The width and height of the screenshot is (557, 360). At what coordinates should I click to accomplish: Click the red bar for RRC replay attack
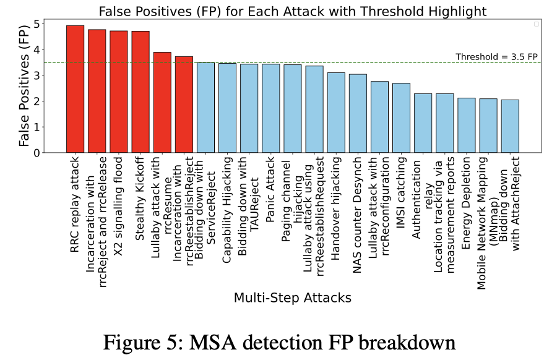click(75, 89)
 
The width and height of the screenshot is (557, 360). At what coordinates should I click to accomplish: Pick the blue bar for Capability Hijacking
click(227, 108)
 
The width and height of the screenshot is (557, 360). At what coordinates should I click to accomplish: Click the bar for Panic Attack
click(270, 108)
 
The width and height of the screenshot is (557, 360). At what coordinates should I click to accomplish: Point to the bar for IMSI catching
click(401, 118)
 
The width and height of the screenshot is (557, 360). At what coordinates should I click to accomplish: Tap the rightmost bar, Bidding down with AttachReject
click(509, 126)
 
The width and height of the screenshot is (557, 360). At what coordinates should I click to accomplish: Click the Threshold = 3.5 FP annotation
click(498, 56)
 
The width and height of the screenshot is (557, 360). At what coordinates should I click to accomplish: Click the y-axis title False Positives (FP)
click(25, 88)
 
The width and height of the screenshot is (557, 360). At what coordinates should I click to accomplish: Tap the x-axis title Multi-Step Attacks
click(292, 298)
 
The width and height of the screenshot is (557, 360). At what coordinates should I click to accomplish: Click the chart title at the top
click(292, 11)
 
